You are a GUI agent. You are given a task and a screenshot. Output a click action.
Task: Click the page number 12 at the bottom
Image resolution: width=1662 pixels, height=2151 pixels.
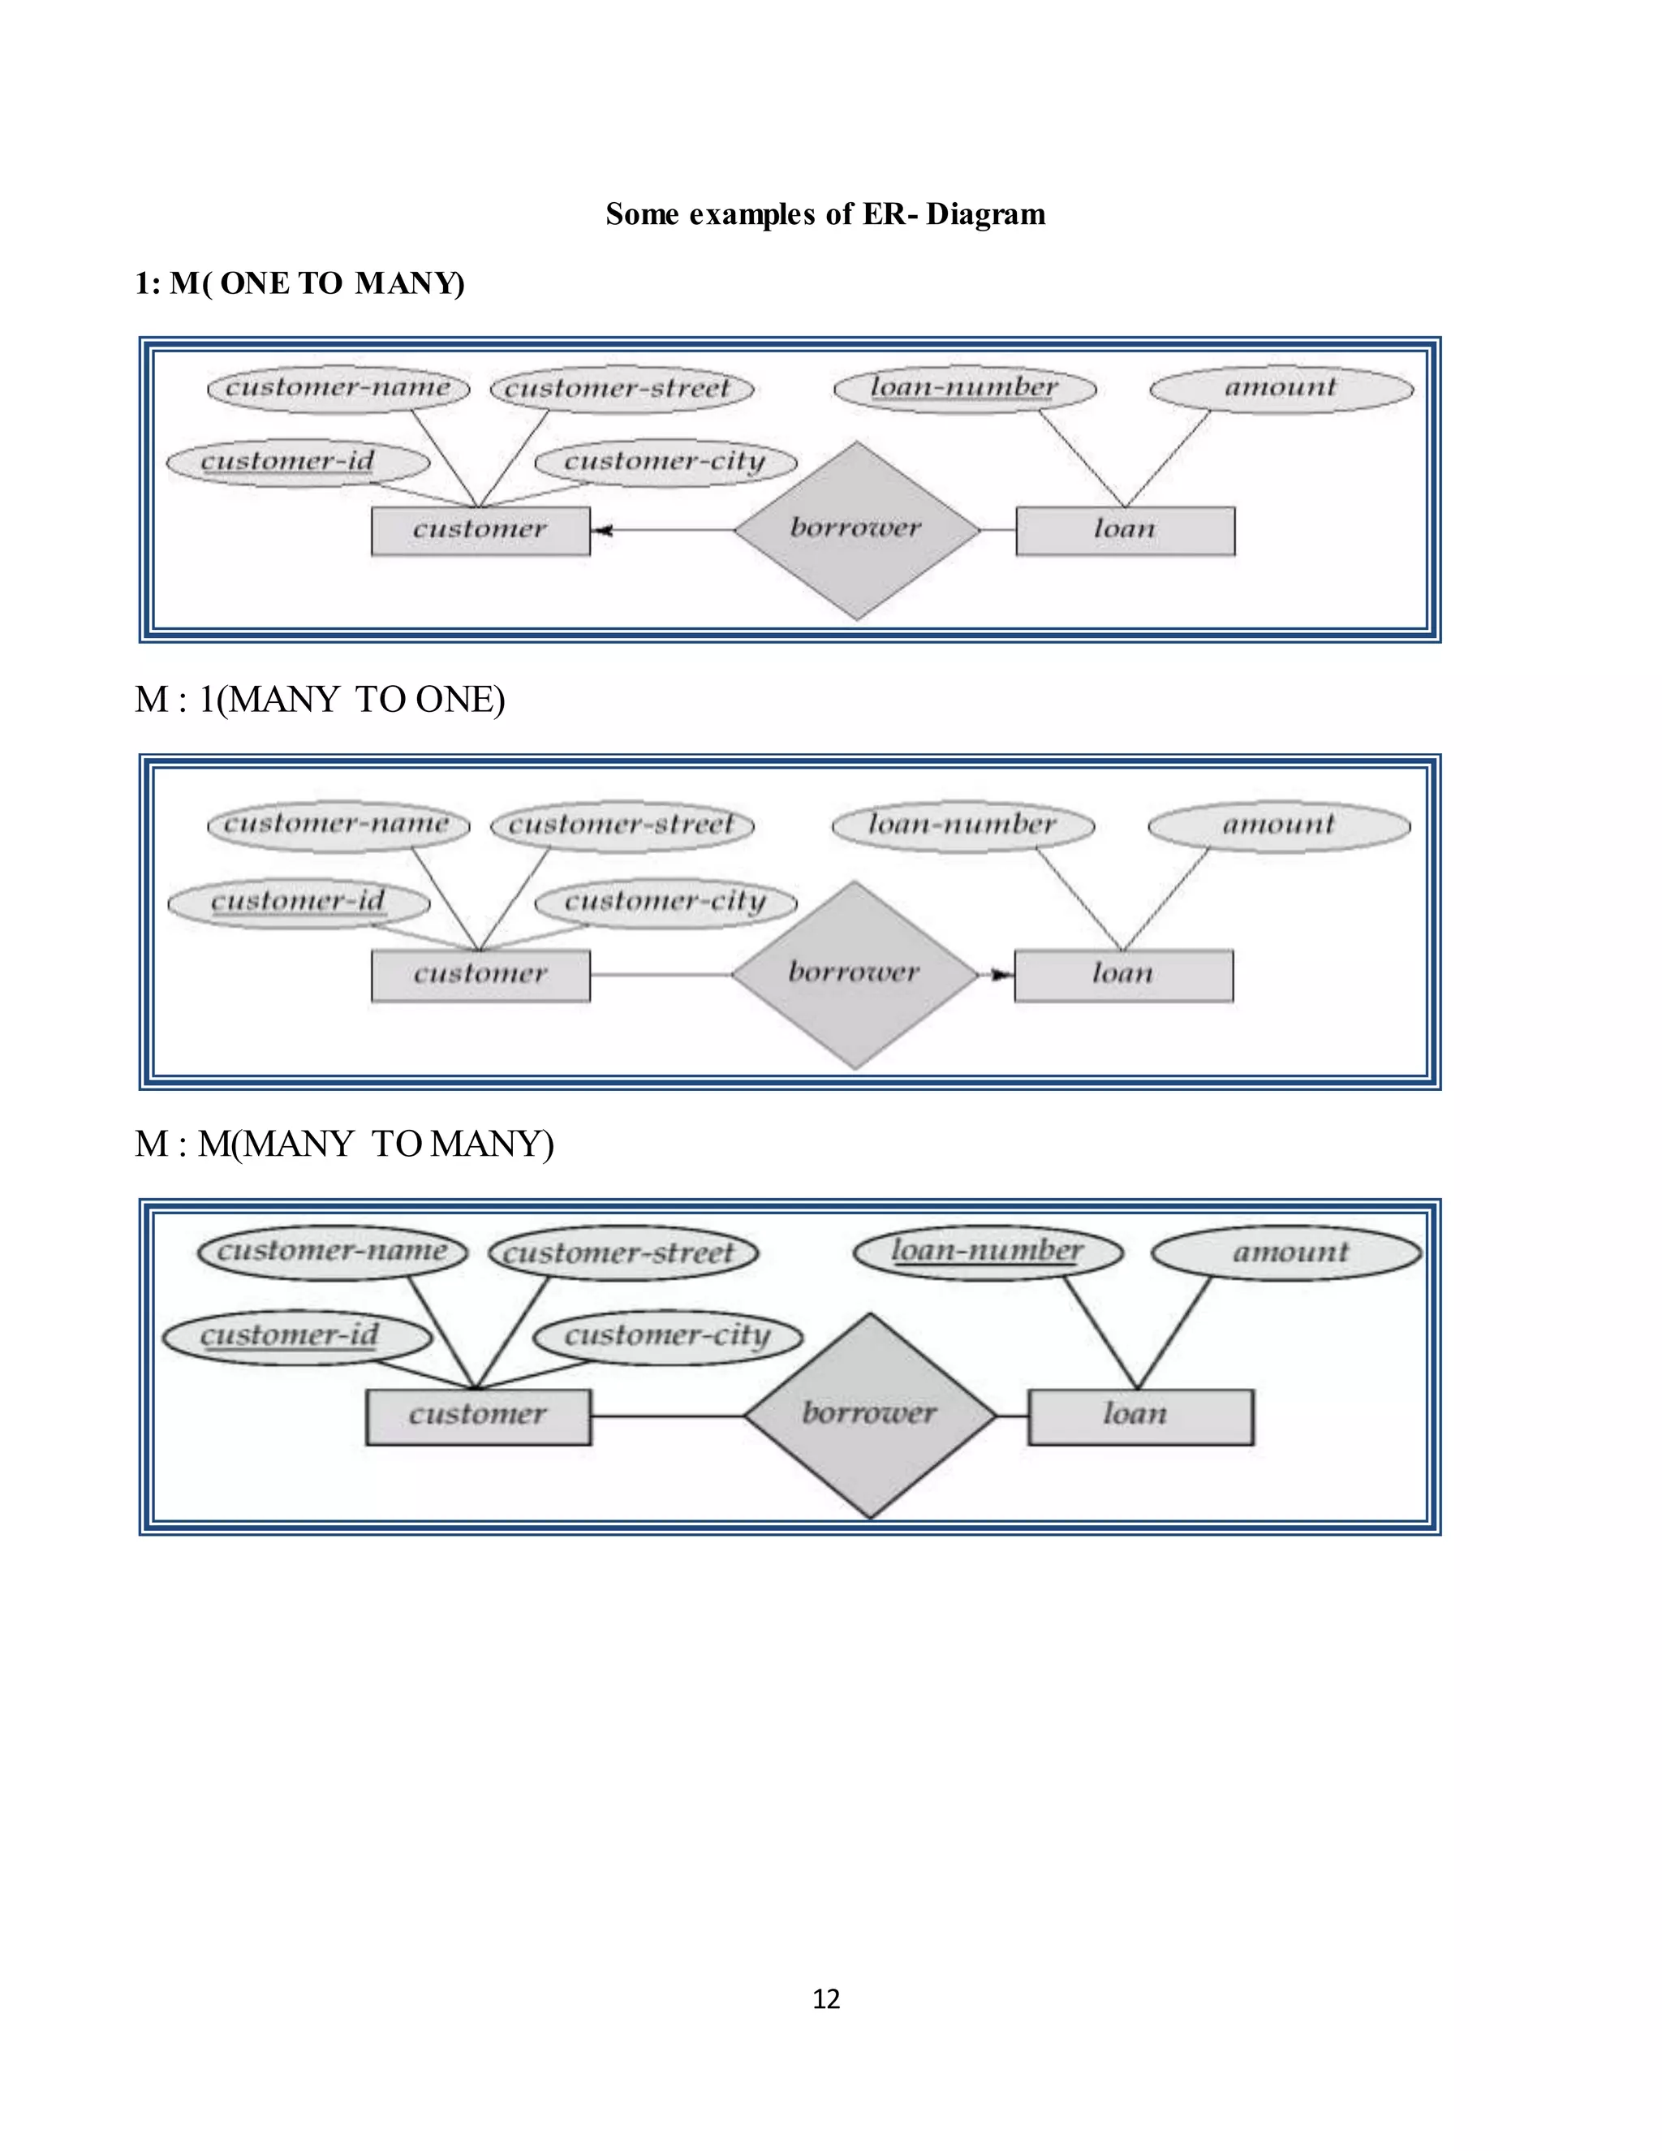click(x=826, y=1998)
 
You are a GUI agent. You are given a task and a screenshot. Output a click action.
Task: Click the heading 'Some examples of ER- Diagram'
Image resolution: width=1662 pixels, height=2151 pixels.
click(x=825, y=213)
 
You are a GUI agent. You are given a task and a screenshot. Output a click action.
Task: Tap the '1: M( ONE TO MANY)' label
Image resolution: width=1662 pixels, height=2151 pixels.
click(x=299, y=283)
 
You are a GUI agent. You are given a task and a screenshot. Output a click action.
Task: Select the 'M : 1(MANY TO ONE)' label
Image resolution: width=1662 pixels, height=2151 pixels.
click(x=319, y=699)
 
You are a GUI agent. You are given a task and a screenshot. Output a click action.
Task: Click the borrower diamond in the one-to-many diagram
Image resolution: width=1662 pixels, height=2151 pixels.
click(x=857, y=530)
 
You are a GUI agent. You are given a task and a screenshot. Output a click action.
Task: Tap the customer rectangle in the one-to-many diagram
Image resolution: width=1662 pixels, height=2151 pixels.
click(x=480, y=531)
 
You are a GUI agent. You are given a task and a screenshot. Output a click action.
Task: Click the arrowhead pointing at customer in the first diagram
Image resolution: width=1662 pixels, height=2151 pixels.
click(x=603, y=530)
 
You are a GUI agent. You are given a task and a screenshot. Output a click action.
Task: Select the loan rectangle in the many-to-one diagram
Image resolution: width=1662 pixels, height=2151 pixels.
click(x=1123, y=975)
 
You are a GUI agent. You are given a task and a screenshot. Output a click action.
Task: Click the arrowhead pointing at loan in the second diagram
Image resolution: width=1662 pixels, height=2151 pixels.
click(x=1001, y=975)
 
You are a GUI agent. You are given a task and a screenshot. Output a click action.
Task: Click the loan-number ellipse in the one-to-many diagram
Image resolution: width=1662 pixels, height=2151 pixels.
click(x=964, y=388)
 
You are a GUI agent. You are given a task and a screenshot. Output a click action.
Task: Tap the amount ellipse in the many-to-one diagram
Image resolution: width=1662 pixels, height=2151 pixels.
click(x=1279, y=825)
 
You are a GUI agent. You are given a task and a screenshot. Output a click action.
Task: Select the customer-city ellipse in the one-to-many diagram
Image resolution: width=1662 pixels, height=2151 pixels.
click(x=665, y=462)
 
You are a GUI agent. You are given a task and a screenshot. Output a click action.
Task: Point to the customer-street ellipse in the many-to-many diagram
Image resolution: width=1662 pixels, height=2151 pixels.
click(x=623, y=1252)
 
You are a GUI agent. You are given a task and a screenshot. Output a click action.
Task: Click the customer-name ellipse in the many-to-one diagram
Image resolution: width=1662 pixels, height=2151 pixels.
click(x=338, y=825)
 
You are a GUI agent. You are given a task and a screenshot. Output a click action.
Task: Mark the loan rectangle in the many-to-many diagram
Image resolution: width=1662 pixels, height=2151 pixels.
click(x=1140, y=1416)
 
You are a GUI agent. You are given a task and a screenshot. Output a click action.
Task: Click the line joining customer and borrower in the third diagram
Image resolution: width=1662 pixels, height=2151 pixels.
click(x=668, y=1416)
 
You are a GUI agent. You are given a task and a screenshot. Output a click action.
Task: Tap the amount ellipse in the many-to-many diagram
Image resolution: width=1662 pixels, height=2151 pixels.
click(x=1286, y=1252)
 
